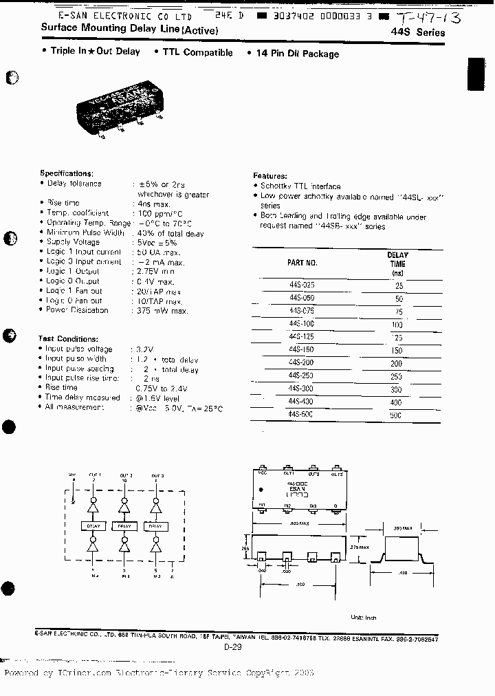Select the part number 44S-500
(301, 415)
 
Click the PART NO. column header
(302, 263)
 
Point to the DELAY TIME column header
(397, 263)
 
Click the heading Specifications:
(66, 174)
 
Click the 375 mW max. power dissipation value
(162, 310)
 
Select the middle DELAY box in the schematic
(124, 526)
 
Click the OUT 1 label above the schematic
(95, 475)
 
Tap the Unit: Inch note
(364, 617)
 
